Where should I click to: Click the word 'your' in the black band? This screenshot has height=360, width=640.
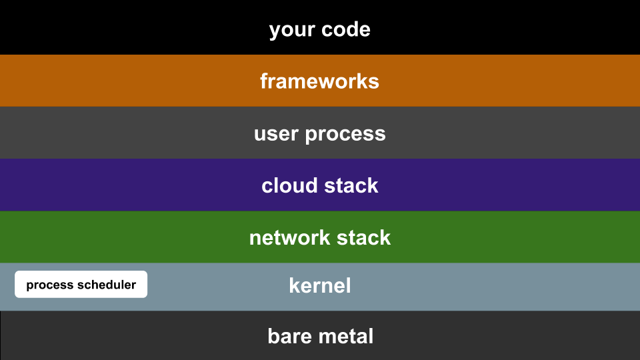click(x=292, y=31)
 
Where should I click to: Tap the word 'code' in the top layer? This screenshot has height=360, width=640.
click(x=346, y=29)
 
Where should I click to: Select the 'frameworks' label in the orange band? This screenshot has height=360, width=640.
click(x=319, y=81)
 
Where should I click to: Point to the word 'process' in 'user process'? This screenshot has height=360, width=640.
click(x=345, y=135)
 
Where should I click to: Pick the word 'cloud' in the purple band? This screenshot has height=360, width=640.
click(x=289, y=185)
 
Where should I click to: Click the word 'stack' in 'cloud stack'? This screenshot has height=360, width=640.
click(x=351, y=185)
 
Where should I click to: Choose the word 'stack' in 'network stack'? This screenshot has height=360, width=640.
click(x=364, y=237)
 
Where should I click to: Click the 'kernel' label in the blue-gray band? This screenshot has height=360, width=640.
click(x=319, y=285)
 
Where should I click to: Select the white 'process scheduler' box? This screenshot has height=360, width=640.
click(x=81, y=284)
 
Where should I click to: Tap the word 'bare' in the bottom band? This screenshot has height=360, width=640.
click(x=290, y=336)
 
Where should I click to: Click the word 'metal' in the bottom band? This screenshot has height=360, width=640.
click(x=346, y=336)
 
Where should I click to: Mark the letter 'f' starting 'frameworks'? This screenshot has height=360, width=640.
click(x=264, y=81)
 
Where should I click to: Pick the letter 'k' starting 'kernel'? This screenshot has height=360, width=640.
click(x=294, y=285)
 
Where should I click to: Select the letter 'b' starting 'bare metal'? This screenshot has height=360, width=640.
click(x=273, y=336)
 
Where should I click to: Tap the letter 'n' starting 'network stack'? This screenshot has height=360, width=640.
click(x=255, y=239)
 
